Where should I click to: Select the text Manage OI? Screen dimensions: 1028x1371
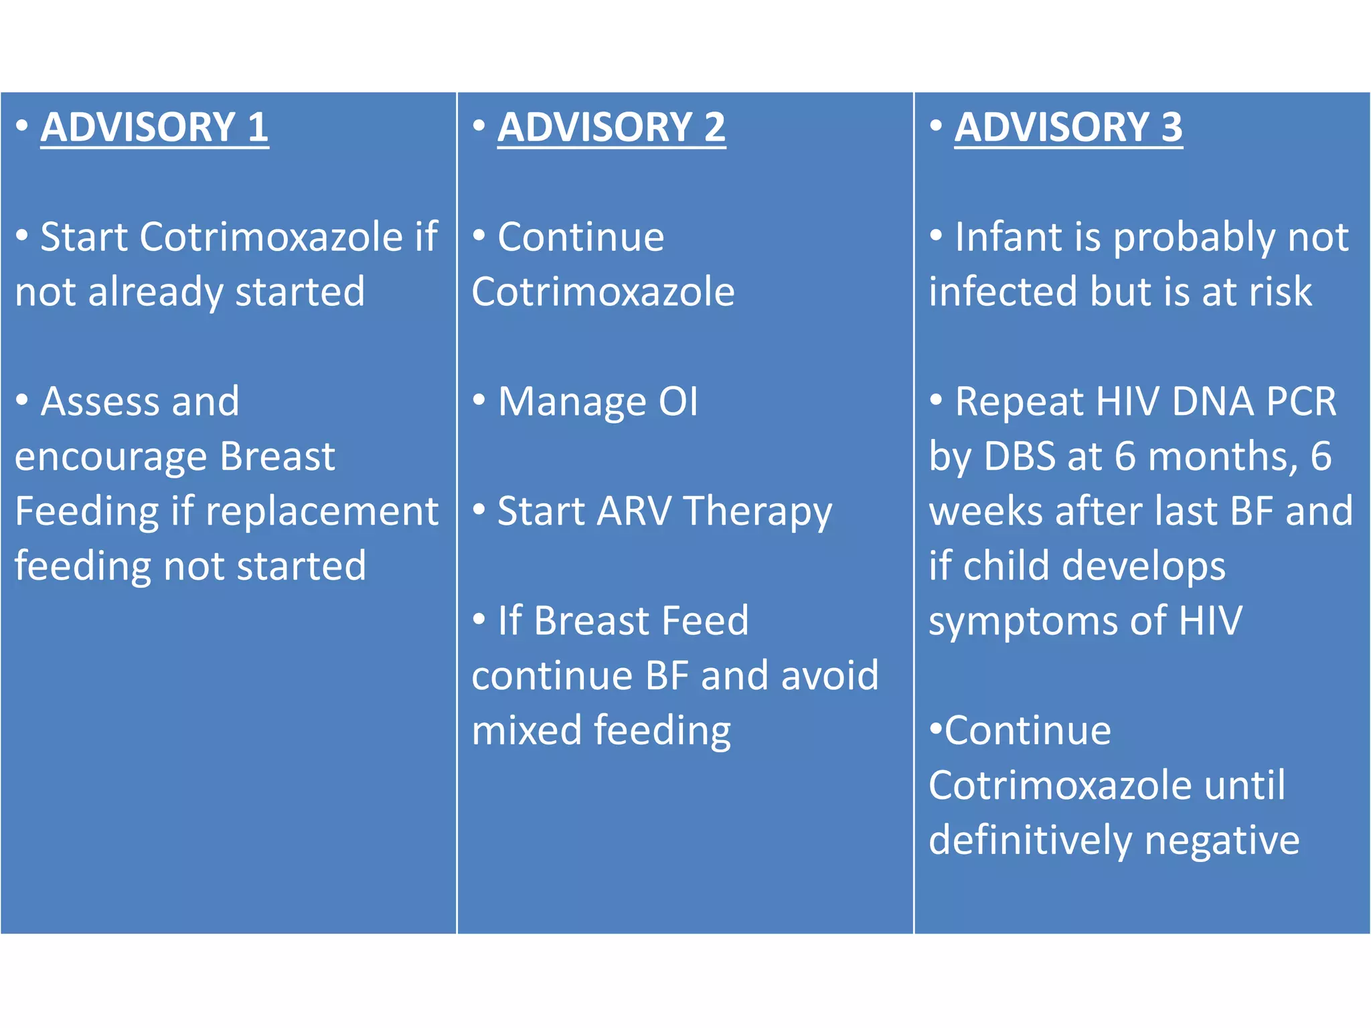pyautogui.click(x=598, y=402)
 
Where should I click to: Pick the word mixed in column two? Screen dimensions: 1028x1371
pyautogui.click(x=526, y=730)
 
